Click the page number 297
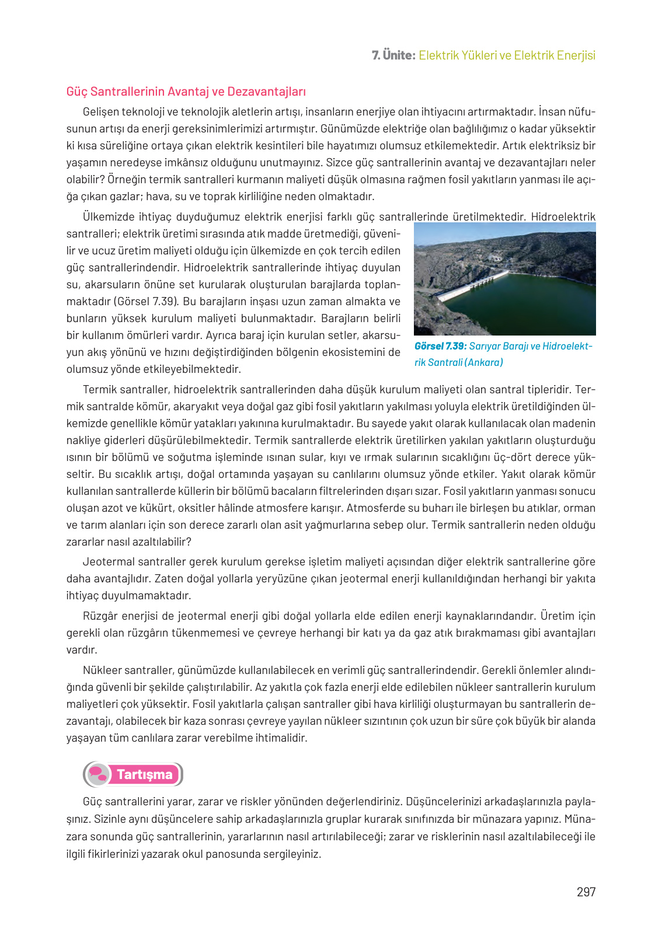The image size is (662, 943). click(586, 892)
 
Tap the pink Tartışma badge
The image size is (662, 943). click(144, 774)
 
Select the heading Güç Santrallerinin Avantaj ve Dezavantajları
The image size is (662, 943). click(186, 92)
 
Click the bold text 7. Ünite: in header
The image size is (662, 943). click(393, 55)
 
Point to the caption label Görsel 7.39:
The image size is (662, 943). click(440, 346)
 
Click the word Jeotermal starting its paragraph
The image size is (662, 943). click(110, 562)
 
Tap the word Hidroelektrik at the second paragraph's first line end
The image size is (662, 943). click(563, 217)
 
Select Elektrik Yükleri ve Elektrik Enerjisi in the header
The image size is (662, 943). click(507, 55)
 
